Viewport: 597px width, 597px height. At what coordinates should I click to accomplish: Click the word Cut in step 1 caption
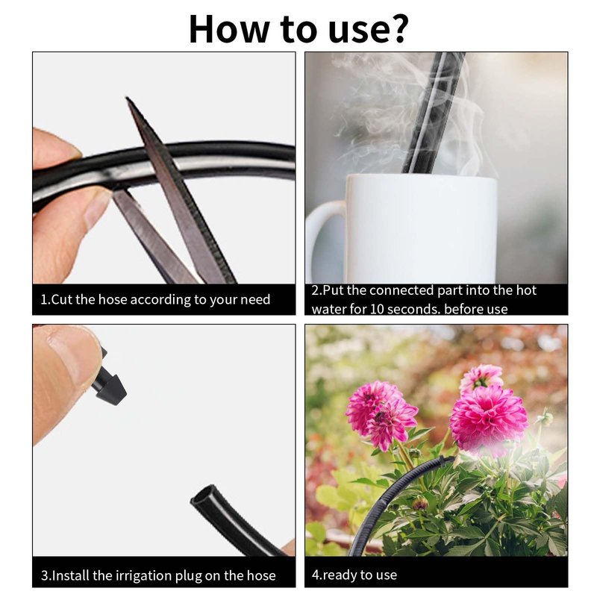tap(62, 300)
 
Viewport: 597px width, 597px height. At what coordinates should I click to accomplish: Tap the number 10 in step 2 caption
tap(376, 309)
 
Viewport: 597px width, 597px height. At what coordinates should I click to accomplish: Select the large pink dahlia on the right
tap(489, 419)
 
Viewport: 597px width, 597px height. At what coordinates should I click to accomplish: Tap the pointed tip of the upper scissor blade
tap(127, 98)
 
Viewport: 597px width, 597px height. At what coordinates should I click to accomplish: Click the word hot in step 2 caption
tap(526, 290)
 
